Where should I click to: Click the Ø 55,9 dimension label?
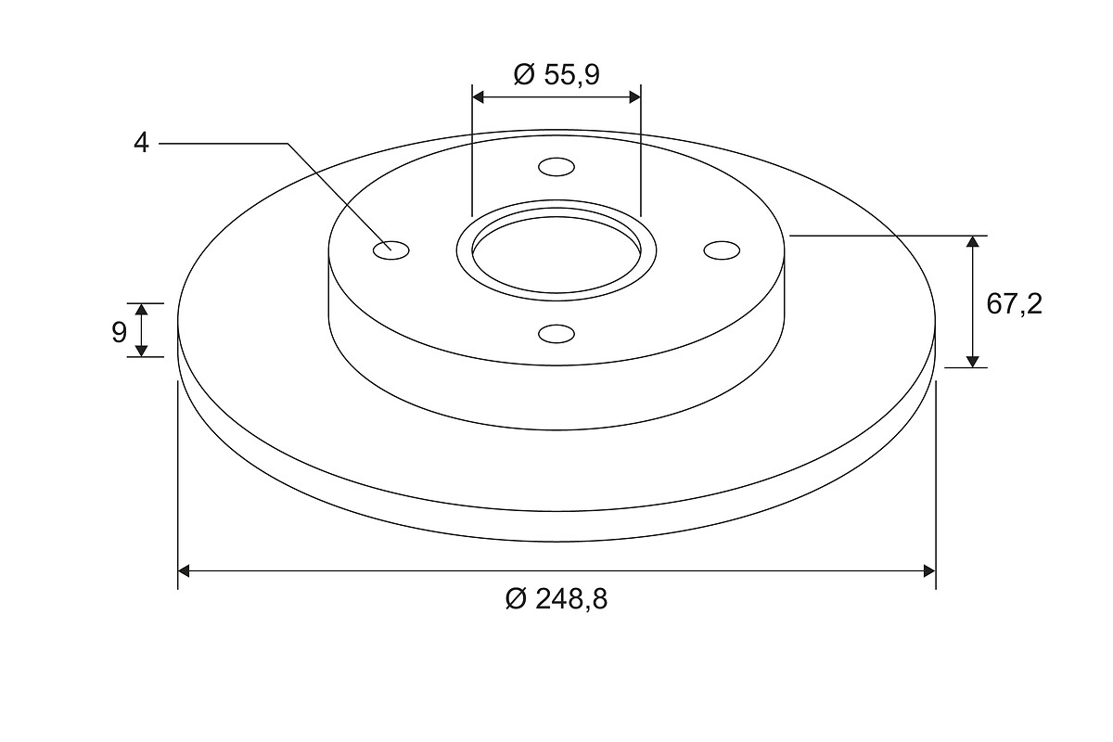[x=556, y=75]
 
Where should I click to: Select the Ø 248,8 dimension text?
[x=556, y=599]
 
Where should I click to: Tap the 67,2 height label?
[x=1014, y=304]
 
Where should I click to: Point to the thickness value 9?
[x=120, y=332]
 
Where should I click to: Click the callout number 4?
[x=141, y=143]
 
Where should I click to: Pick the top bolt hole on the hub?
[x=556, y=167]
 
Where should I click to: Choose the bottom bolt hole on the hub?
[x=556, y=334]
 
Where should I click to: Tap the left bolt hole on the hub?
[x=391, y=250]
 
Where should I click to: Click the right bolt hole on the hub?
[x=722, y=250]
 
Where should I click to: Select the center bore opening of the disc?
[x=556, y=253]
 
